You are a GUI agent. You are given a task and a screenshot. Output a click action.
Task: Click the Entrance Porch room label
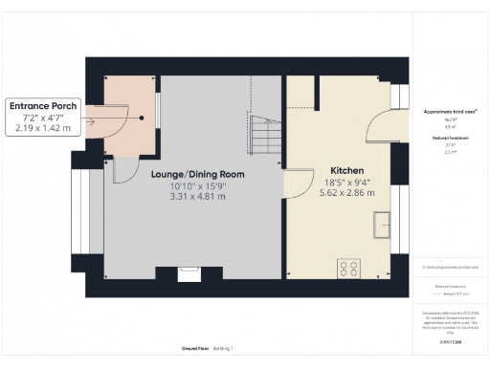click(x=43, y=104)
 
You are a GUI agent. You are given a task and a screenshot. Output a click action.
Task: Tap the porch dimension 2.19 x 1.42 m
click(x=43, y=127)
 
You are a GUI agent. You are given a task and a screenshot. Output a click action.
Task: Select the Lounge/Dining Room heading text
click(x=198, y=174)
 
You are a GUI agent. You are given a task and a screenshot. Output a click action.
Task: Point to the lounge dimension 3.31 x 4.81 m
click(x=198, y=197)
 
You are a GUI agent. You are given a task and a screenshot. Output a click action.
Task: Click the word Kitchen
click(x=347, y=167)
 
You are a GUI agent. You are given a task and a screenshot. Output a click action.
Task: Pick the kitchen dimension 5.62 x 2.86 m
click(x=347, y=190)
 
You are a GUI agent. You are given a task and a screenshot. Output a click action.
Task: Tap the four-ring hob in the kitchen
click(x=348, y=269)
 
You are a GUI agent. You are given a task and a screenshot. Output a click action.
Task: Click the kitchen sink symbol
click(x=383, y=223)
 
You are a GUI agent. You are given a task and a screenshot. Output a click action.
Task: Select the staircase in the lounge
click(x=264, y=133)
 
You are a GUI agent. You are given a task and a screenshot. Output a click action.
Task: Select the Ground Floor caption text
click(x=194, y=350)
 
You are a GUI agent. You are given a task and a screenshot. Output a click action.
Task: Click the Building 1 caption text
click(x=223, y=350)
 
